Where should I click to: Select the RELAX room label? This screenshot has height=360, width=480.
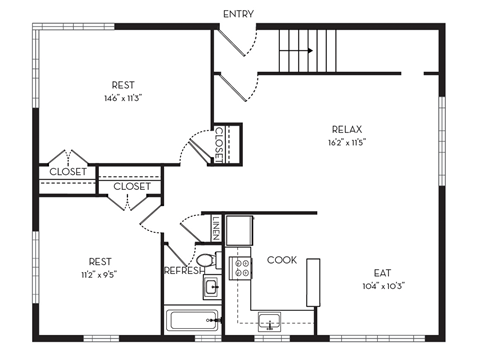click(346, 129)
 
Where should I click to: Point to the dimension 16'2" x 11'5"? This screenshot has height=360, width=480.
click(346, 142)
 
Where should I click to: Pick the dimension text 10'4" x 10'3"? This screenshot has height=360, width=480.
click(381, 284)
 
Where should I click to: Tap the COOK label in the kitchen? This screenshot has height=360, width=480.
click(281, 260)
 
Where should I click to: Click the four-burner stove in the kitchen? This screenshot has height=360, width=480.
click(240, 266)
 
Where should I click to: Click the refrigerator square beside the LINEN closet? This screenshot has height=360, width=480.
click(239, 231)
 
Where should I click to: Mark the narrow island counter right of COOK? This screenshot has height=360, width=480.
click(313, 282)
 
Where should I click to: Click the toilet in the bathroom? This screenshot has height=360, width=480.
click(206, 261)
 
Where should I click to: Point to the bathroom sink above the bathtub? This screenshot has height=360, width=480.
click(211, 288)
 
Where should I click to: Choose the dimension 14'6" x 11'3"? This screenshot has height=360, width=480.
click(123, 99)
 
